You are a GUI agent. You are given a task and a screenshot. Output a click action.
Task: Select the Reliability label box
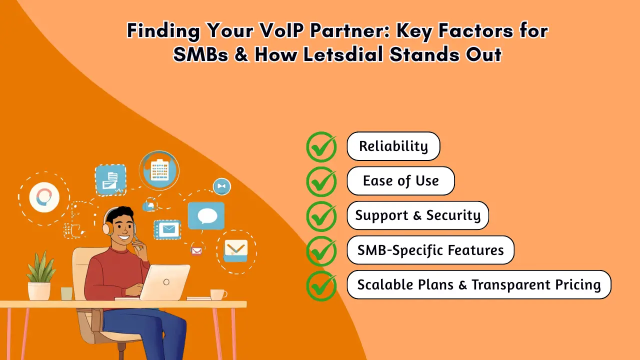tap(393, 146)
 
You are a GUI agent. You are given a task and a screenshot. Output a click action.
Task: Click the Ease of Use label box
tap(400, 181)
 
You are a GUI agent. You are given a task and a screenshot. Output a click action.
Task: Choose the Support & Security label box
tap(417, 215)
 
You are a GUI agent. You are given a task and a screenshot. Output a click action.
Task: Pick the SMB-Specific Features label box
tap(430, 250)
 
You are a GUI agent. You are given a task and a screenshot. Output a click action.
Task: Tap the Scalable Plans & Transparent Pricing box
tap(478, 284)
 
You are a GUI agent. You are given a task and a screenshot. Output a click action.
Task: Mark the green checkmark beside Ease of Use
tap(321, 181)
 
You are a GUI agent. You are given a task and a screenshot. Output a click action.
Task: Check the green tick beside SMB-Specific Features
tap(321, 250)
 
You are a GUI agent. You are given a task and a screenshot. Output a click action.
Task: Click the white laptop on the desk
tap(164, 282)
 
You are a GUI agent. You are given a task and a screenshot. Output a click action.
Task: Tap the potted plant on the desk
tap(39, 275)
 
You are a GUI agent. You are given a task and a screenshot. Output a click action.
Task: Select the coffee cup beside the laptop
tap(218, 294)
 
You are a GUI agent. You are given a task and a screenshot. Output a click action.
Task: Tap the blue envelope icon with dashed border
tap(167, 229)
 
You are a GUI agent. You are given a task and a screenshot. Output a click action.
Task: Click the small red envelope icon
tap(196, 250)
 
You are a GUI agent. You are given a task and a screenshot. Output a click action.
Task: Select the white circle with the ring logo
tap(44, 197)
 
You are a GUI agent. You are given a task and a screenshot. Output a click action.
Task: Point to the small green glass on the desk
tap(66, 293)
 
